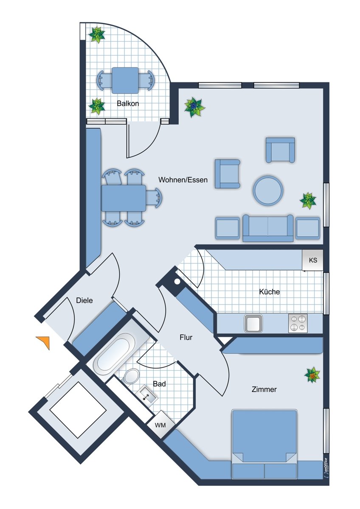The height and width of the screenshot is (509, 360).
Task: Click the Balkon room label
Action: pos(128,103)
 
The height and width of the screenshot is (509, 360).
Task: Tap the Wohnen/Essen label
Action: pos(183,180)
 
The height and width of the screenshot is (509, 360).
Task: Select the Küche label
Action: pos(270,291)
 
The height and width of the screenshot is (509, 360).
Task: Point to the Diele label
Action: pos(84,300)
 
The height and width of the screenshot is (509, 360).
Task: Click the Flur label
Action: pos(186,338)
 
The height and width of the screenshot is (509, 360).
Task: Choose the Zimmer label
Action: pos(264,389)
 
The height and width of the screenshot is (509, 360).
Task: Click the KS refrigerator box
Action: pos(312,260)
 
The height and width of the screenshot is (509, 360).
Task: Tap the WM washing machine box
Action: pos(160,425)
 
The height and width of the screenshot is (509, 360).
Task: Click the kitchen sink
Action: pos(253,323)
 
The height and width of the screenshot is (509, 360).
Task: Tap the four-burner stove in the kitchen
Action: pos(298,323)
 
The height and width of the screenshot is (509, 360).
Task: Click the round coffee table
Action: pos(268,190)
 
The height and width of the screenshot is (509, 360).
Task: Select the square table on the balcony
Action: pos(125,80)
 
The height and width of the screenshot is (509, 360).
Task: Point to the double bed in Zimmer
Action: pos(264,441)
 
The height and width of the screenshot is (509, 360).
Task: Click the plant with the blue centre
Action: pos(194,107)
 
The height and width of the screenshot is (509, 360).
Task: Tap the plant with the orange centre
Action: pos(312,375)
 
